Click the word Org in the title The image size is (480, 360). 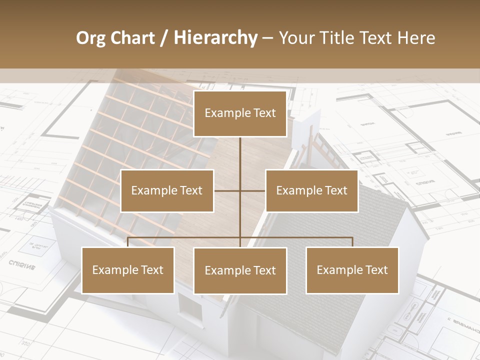pos(90,38)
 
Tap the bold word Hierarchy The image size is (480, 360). pos(215,38)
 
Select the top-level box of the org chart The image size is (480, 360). pos(240,113)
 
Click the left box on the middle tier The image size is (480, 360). pos(167,190)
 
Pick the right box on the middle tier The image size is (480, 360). pos(311,190)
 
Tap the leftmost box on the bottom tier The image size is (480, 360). pos(128,270)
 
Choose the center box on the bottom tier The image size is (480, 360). pos(240,270)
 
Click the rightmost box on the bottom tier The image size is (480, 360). pos(352,270)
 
